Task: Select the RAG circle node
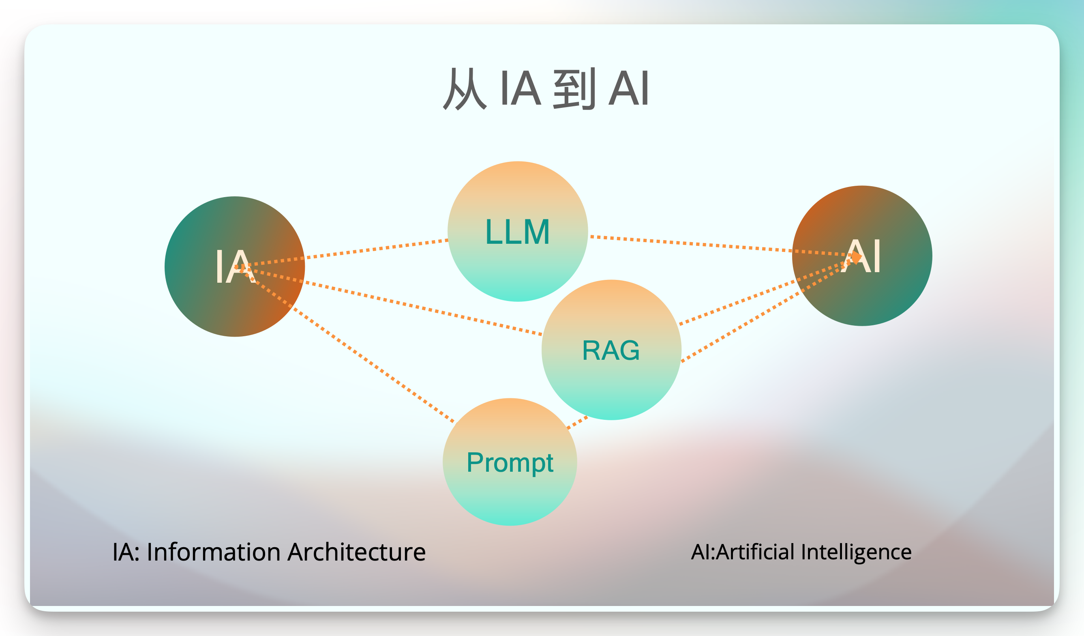pos(611,379)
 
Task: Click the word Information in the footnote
pos(213,552)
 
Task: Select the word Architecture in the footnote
pos(357,552)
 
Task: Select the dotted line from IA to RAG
pos(422,308)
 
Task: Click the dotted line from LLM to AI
pos(688,243)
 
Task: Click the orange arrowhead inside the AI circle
pos(857,257)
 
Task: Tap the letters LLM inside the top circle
pos(518,232)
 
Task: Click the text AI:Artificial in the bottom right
pos(742,552)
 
